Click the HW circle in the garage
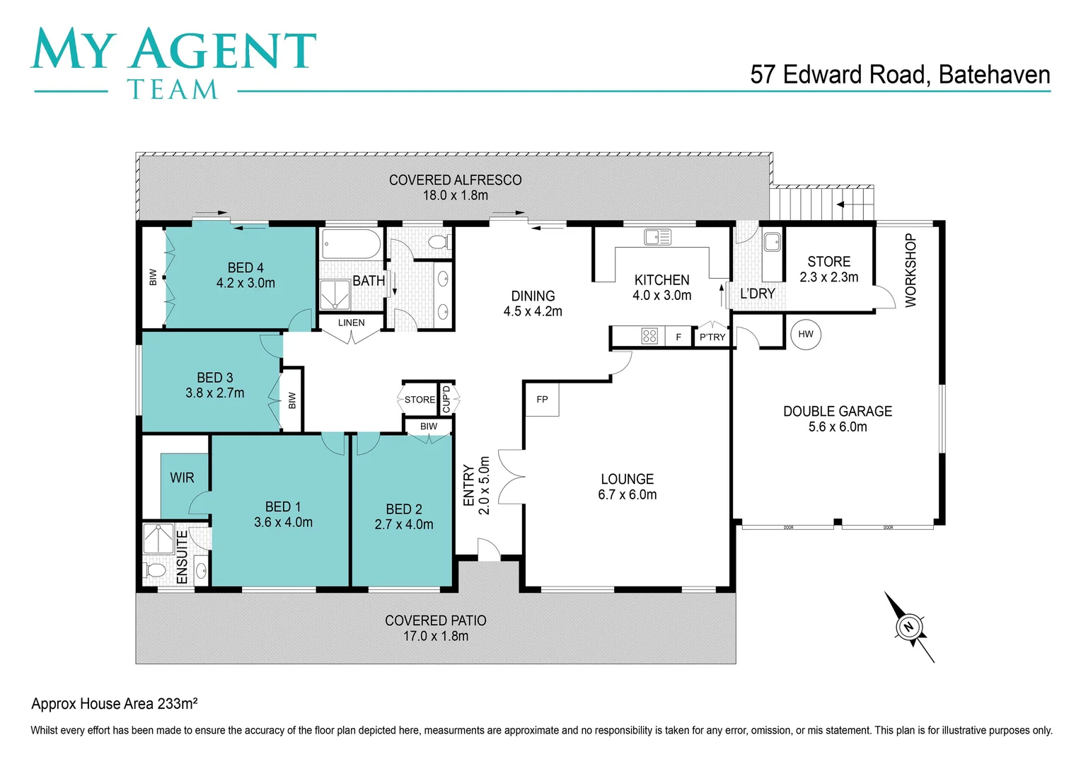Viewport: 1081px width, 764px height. pos(805,334)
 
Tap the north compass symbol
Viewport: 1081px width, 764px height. pos(909,627)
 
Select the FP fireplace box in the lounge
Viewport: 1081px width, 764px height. pos(542,399)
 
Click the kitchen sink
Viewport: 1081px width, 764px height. pos(657,237)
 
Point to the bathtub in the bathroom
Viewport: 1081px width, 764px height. pos(351,244)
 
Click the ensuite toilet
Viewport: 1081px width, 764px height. pos(154,571)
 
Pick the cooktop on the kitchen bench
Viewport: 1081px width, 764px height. pos(649,336)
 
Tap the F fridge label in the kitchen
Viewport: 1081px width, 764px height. pos(678,337)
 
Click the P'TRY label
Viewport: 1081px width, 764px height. pos(712,337)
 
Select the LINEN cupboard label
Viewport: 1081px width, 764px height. pos(351,323)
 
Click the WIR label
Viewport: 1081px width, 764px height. pos(182,477)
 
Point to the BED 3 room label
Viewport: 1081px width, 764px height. pos(215,378)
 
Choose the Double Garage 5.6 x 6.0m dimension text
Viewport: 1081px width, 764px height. pos(838,427)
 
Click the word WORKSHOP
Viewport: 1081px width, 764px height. pos(911,270)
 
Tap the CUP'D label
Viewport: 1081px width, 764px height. pos(446,399)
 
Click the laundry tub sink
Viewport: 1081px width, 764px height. pos(772,242)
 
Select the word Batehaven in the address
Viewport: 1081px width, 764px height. pos(995,75)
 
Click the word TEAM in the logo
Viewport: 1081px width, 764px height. pos(173,90)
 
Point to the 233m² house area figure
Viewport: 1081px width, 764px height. pos(177,703)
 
